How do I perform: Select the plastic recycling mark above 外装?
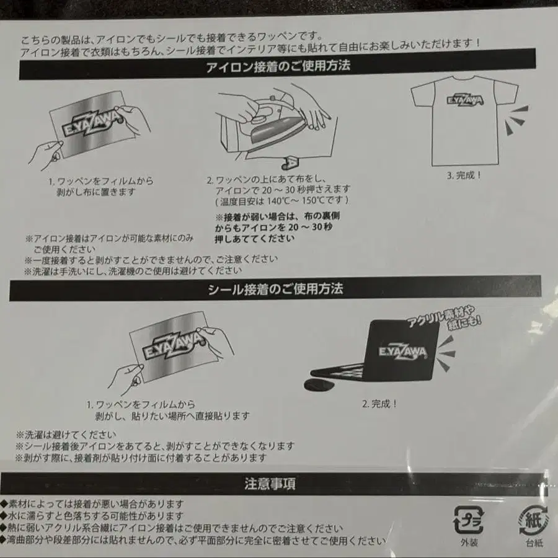(469, 520)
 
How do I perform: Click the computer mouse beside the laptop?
(321, 384)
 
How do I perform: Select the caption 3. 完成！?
(464, 175)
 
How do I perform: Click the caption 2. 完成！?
(379, 404)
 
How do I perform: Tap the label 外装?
(469, 542)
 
